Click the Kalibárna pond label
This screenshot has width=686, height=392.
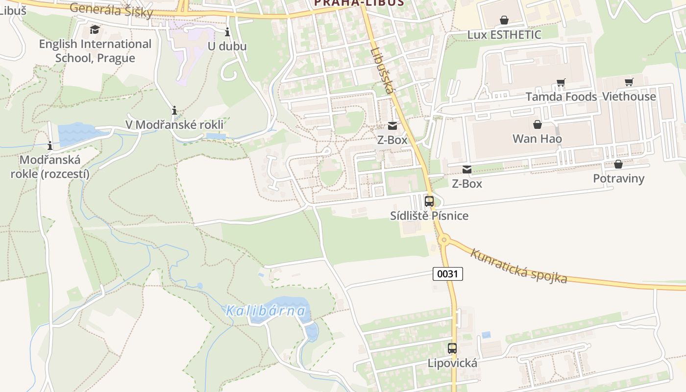[x=266, y=311]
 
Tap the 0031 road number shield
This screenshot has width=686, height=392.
[x=447, y=273]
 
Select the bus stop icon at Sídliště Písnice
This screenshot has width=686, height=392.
[x=429, y=201]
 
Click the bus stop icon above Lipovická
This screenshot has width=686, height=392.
[x=452, y=348]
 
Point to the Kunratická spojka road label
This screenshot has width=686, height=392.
[x=519, y=266]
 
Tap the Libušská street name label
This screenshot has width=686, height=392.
[x=383, y=70]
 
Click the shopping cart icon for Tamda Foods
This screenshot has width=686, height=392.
[x=561, y=83]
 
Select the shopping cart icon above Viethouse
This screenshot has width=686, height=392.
[x=629, y=82]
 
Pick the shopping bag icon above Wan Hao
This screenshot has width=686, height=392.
[x=538, y=124]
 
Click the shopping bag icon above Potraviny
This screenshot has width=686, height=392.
[x=618, y=164]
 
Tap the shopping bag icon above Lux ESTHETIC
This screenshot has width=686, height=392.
[x=504, y=20]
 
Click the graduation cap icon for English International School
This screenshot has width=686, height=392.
[x=95, y=29]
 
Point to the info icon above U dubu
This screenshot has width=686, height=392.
[x=227, y=32]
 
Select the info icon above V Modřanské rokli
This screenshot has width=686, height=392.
[x=174, y=110]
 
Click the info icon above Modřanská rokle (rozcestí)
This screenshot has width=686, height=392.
[x=49, y=146]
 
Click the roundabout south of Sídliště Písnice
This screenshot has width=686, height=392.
[x=444, y=240]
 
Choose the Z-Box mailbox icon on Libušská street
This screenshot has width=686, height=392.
[x=392, y=126]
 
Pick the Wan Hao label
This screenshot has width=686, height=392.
[x=537, y=139]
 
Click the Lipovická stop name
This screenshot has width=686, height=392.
[x=452, y=363]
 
